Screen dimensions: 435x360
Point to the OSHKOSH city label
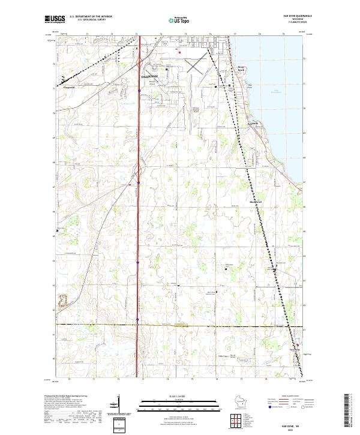(149, 77)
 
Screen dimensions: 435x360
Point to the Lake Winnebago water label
(277, 91)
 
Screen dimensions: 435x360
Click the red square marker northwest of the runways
(179, 52)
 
